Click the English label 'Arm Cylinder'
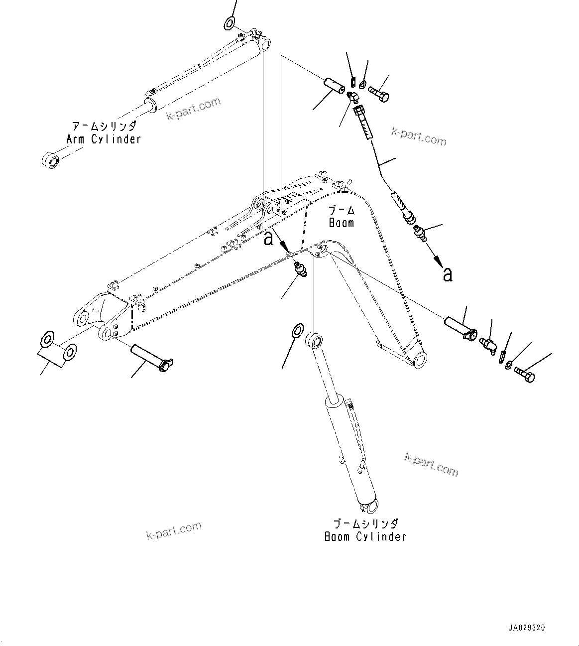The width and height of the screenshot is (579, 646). (104, 139)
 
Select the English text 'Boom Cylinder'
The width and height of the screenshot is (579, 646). (365, 536)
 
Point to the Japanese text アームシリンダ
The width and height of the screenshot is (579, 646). (104, 127)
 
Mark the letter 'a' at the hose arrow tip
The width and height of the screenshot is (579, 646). (448, 274)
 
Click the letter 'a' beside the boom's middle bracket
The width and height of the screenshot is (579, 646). (268, 239)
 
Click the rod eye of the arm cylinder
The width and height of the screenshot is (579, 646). (50, 160)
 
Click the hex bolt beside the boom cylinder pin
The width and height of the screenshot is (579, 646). (524, 375)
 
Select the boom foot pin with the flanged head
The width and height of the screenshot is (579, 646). (150, 358)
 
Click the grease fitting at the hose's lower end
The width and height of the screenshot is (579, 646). (419, 233)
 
